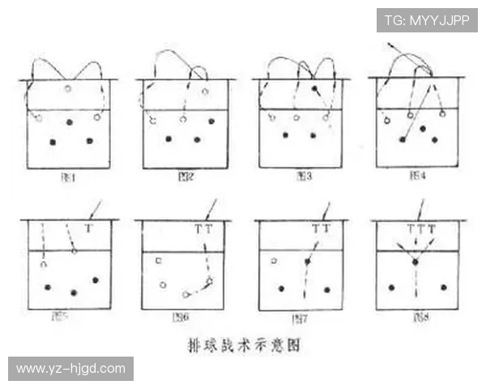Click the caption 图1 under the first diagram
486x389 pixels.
coord(70,174)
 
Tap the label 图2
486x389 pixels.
coord(185,174)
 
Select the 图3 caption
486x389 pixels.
coord(304,174)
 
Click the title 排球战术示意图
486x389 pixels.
coord(244,344)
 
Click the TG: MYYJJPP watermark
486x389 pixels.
coord(427,19)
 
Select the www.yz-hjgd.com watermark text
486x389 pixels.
coord(70,369)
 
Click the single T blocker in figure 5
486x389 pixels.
coord(88,229)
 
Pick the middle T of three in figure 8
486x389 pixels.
coord(420,229)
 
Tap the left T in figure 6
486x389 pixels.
coord(198,229)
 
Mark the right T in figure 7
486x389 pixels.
coord(326,229)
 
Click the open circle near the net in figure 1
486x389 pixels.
coord(68,88)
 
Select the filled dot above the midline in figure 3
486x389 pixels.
coord(314,87)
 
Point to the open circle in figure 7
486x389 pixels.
coord(275,261)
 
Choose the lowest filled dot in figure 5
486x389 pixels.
coord(74,293)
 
